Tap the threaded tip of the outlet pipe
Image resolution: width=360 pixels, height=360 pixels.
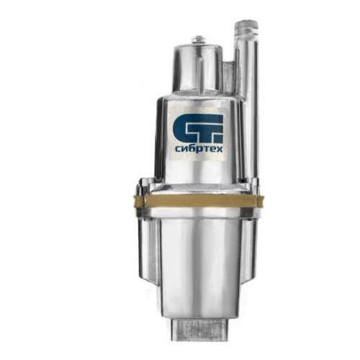point(246,28)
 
